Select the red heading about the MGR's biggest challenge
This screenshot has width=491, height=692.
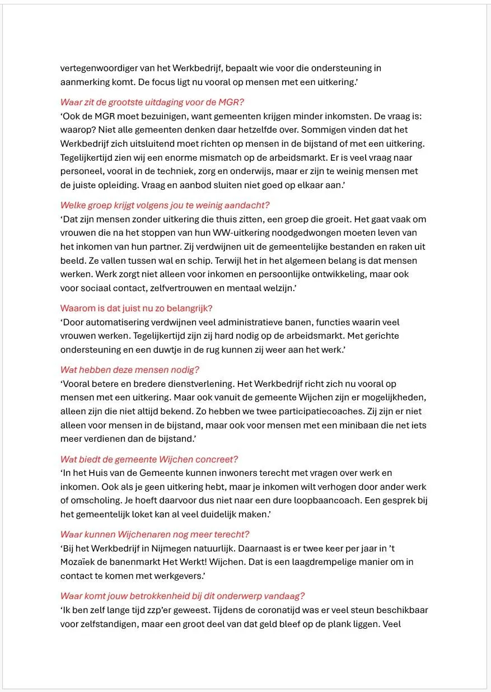tap(152, 102)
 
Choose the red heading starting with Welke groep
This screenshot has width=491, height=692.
tap(165, 205)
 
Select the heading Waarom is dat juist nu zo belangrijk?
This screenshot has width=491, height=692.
tap(137, 308)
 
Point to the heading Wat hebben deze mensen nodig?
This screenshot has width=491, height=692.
tap(130, 370)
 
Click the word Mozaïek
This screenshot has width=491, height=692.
tap(78, 562)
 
